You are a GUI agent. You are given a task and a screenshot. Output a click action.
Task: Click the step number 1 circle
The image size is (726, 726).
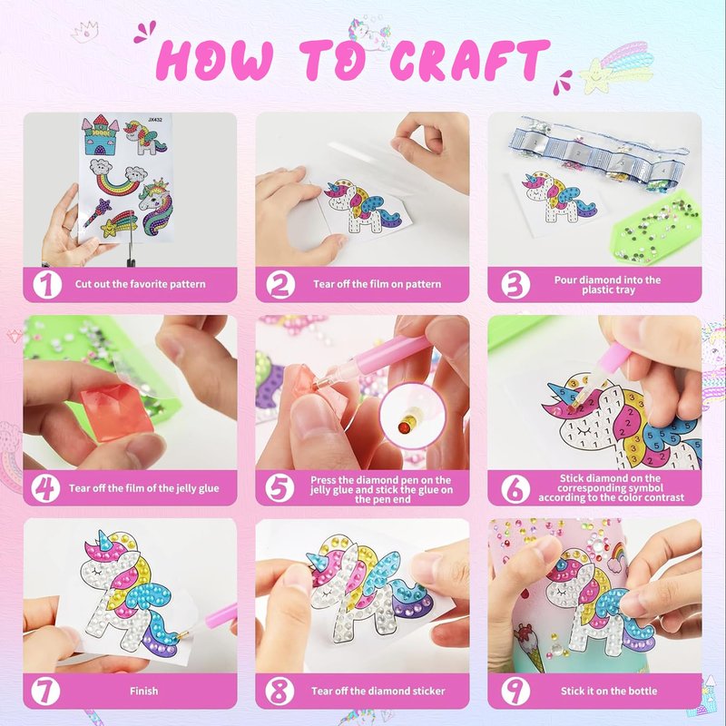coord(47,284)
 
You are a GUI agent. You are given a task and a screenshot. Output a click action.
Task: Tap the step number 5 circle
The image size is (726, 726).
coord(280,488)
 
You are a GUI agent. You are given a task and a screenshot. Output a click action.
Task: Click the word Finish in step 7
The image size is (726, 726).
coord(143,692)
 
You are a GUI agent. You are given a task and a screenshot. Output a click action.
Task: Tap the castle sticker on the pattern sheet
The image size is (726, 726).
coord(100,134)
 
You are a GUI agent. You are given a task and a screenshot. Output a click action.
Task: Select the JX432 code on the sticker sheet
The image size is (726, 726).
coord(155,120)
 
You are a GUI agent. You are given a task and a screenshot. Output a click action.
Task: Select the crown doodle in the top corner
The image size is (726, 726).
coord(84,32)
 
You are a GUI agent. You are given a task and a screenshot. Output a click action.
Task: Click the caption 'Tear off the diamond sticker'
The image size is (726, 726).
coord(378,692)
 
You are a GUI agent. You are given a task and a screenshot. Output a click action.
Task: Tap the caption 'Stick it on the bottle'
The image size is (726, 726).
coord(609,692)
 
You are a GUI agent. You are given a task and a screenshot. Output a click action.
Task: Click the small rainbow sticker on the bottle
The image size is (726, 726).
coord(618,553)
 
